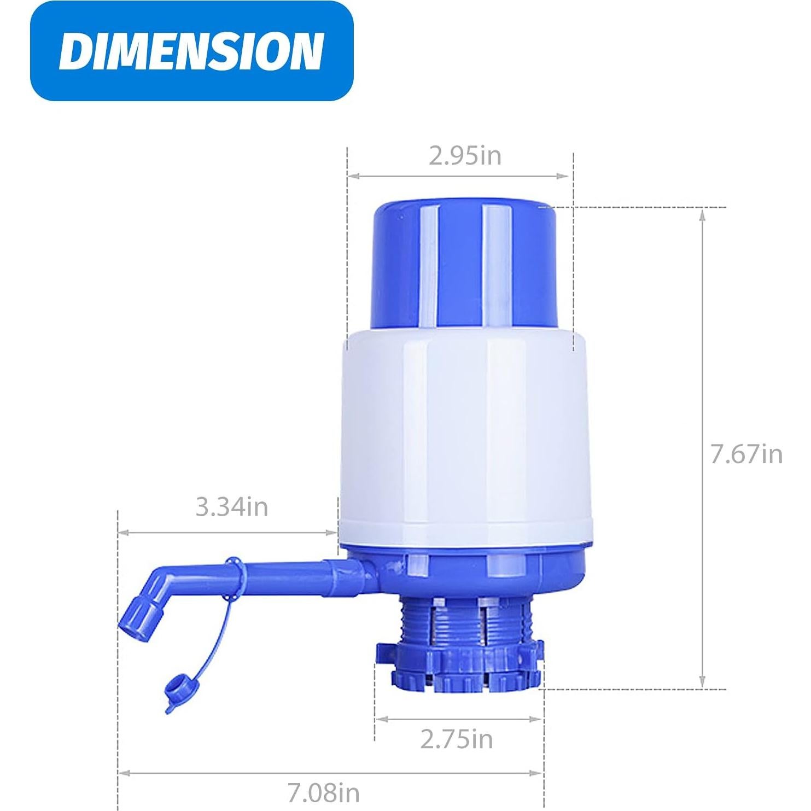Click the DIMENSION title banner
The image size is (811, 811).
(x=191, y=51)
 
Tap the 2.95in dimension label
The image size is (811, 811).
(x=465, y=156)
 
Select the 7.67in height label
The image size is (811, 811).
(x=746, y=454)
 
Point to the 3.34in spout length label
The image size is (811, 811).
(x=232, y=507)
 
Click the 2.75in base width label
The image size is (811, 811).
(x=456, y=739)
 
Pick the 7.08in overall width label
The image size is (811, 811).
(x=324, y=792)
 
